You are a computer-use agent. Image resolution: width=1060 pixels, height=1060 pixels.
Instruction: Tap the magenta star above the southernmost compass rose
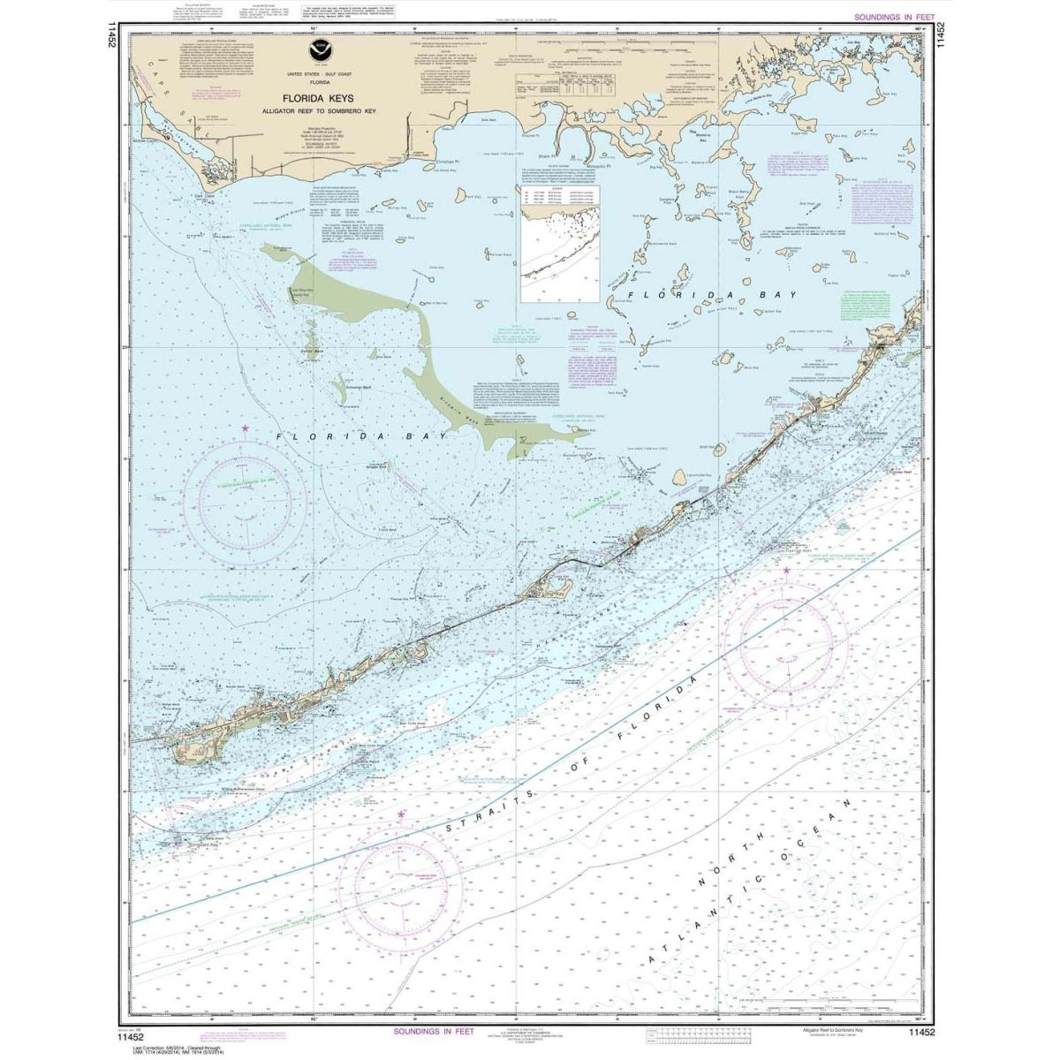[x=402, y=814]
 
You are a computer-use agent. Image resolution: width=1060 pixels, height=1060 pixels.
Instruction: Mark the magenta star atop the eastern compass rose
[x=786, y=571]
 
